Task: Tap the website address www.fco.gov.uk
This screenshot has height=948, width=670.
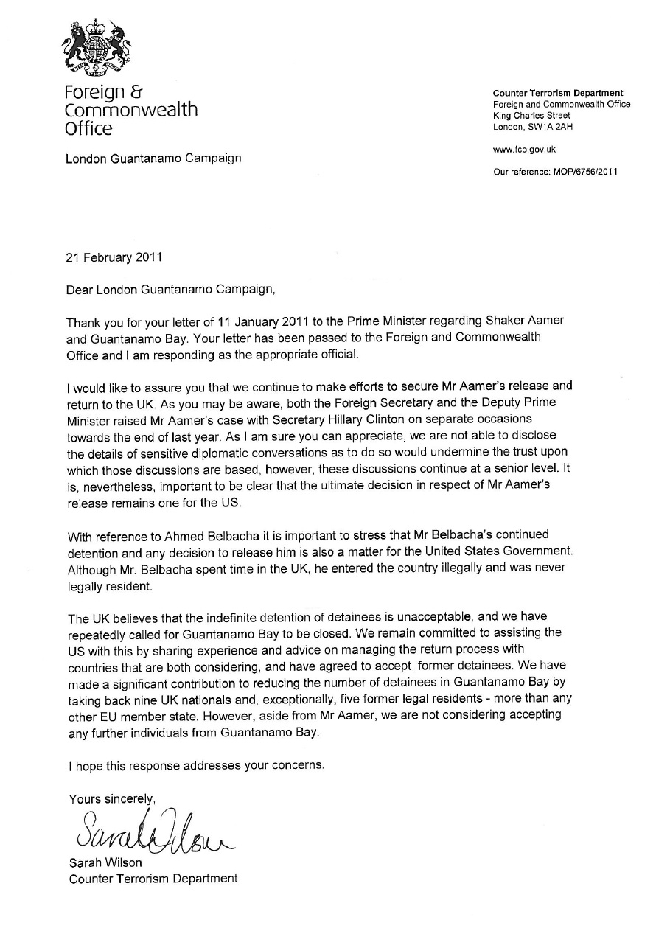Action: [x=524, y=150]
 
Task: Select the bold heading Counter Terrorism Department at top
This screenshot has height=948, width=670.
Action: [x=557, y=93]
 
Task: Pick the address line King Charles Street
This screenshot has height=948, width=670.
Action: [x=531, y=116]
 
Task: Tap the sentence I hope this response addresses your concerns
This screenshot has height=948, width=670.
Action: [x=196, y=765]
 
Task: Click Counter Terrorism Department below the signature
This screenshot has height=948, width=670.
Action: [x=153, y=878]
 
